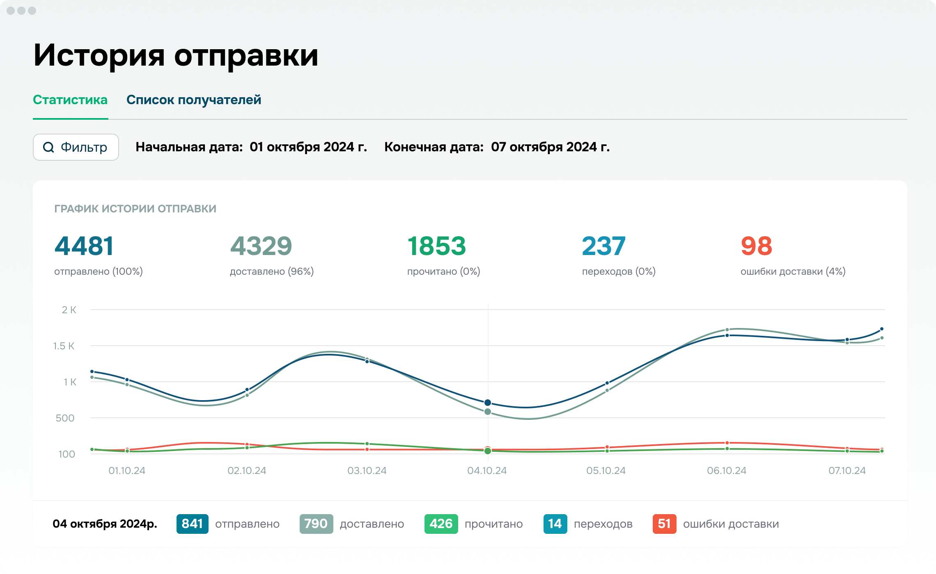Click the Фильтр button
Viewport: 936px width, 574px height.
click(x=76, y=147)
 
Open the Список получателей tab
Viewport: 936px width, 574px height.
click(x=194, y=100)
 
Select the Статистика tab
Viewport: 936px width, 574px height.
click(x=70, y=100)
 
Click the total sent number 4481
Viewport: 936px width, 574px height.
click(x=84, y=246)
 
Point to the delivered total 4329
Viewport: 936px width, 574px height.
click(x=261, y=246)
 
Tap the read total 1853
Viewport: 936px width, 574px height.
click(x=436, y=246)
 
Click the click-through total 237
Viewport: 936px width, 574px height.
click(x=604, y=246)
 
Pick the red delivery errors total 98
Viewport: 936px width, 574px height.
click(x=756, y=246)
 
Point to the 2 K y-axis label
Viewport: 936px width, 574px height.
click(x=69, y=310)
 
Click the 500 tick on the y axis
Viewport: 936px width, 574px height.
click(x=65, y=418)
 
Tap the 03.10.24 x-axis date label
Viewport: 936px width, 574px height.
click(x=367, y=471)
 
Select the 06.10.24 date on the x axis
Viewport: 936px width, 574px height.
click(x=727, y=471)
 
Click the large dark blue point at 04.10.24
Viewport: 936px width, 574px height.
click(x=488, y=403)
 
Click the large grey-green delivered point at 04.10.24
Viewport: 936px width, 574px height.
click(x=488, y=412)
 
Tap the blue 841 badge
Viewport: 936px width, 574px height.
click(x=193, y=524)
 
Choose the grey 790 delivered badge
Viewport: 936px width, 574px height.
click(x=316, y=524)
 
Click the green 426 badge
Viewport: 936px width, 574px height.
click(x=441, y=524)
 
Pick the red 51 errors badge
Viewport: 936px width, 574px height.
click(x=664, y=524)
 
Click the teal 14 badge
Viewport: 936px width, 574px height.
click(x=555, y=524)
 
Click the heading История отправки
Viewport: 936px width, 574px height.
click(x=176, y=55)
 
